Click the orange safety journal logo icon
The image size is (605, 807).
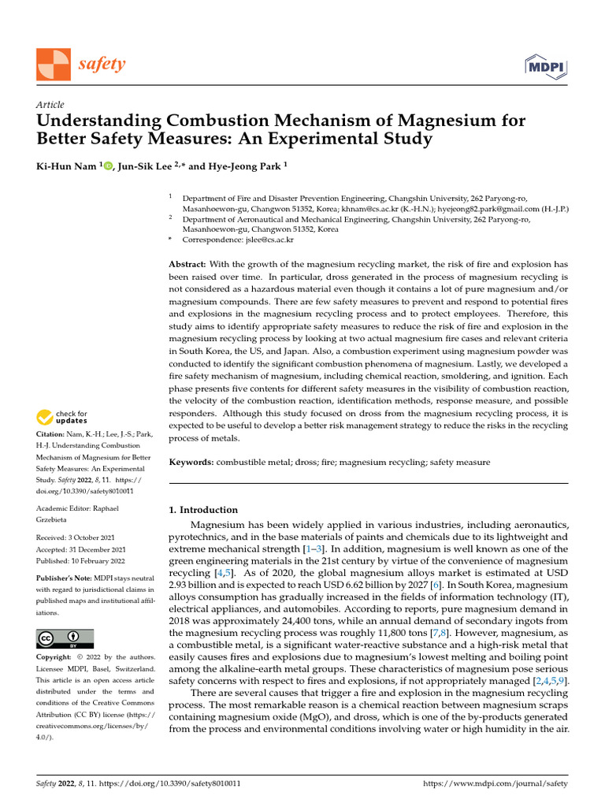point(53,64)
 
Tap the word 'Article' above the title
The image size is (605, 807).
point(50,105)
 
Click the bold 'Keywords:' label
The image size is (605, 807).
point(191,462)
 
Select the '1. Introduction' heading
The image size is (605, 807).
point(203,510)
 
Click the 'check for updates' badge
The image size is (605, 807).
point(62,417)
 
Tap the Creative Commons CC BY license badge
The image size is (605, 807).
point(65,638)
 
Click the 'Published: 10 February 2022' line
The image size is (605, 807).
point(81,561)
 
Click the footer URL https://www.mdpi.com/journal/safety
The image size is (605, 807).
point(496,784)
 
